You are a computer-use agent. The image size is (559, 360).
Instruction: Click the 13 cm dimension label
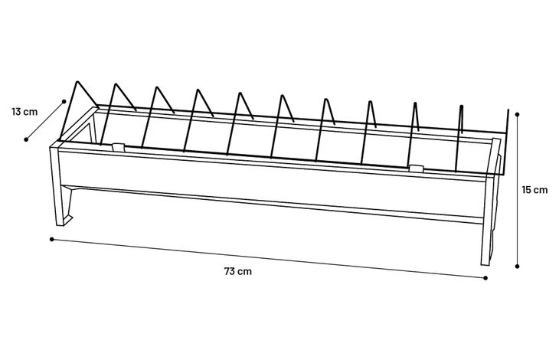(x=25, y=112)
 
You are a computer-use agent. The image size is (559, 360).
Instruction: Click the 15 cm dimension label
(x=535, y=189)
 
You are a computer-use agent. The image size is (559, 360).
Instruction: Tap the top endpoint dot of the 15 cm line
(x=518, y=115)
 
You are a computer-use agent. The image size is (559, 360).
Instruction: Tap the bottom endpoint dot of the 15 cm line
(x=518, y=266)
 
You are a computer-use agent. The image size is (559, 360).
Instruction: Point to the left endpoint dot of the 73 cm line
(x=51, y=239)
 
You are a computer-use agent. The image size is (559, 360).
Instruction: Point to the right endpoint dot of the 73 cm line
(x=486, y=278)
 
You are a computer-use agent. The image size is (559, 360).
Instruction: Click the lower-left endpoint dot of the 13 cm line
(x=26, y=139)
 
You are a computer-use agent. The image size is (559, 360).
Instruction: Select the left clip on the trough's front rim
(x=117, y=145)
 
